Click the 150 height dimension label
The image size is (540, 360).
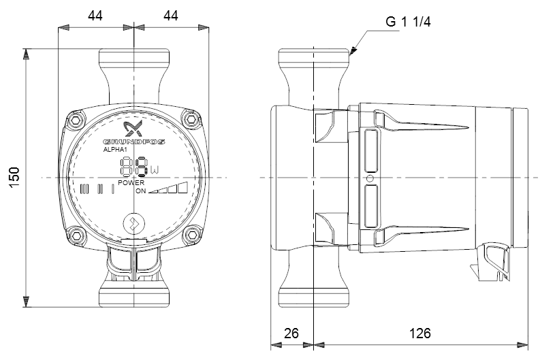click(14, 178)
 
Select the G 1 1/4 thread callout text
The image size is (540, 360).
click(408, 22)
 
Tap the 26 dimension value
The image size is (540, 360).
click(291, 333)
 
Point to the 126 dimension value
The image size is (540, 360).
click(419, 333)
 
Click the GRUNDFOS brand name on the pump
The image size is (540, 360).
click(134, 142)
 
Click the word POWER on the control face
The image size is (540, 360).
click(131, 183)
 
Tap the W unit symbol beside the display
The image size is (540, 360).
click(155, 169)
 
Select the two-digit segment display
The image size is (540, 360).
click(134, 167)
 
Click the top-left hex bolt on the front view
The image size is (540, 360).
click(76, 120)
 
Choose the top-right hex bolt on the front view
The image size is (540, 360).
click(191, 120)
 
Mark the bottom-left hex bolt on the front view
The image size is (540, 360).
click(76, 235)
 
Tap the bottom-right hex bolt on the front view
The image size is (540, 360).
click(191, 235)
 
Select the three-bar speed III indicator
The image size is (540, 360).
click(84, 189)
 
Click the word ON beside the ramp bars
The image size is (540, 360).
click(140, 191)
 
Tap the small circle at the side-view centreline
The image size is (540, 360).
click(370, 178)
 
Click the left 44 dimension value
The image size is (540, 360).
click(95, 16)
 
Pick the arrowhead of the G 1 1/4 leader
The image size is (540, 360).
click(353, 51)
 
